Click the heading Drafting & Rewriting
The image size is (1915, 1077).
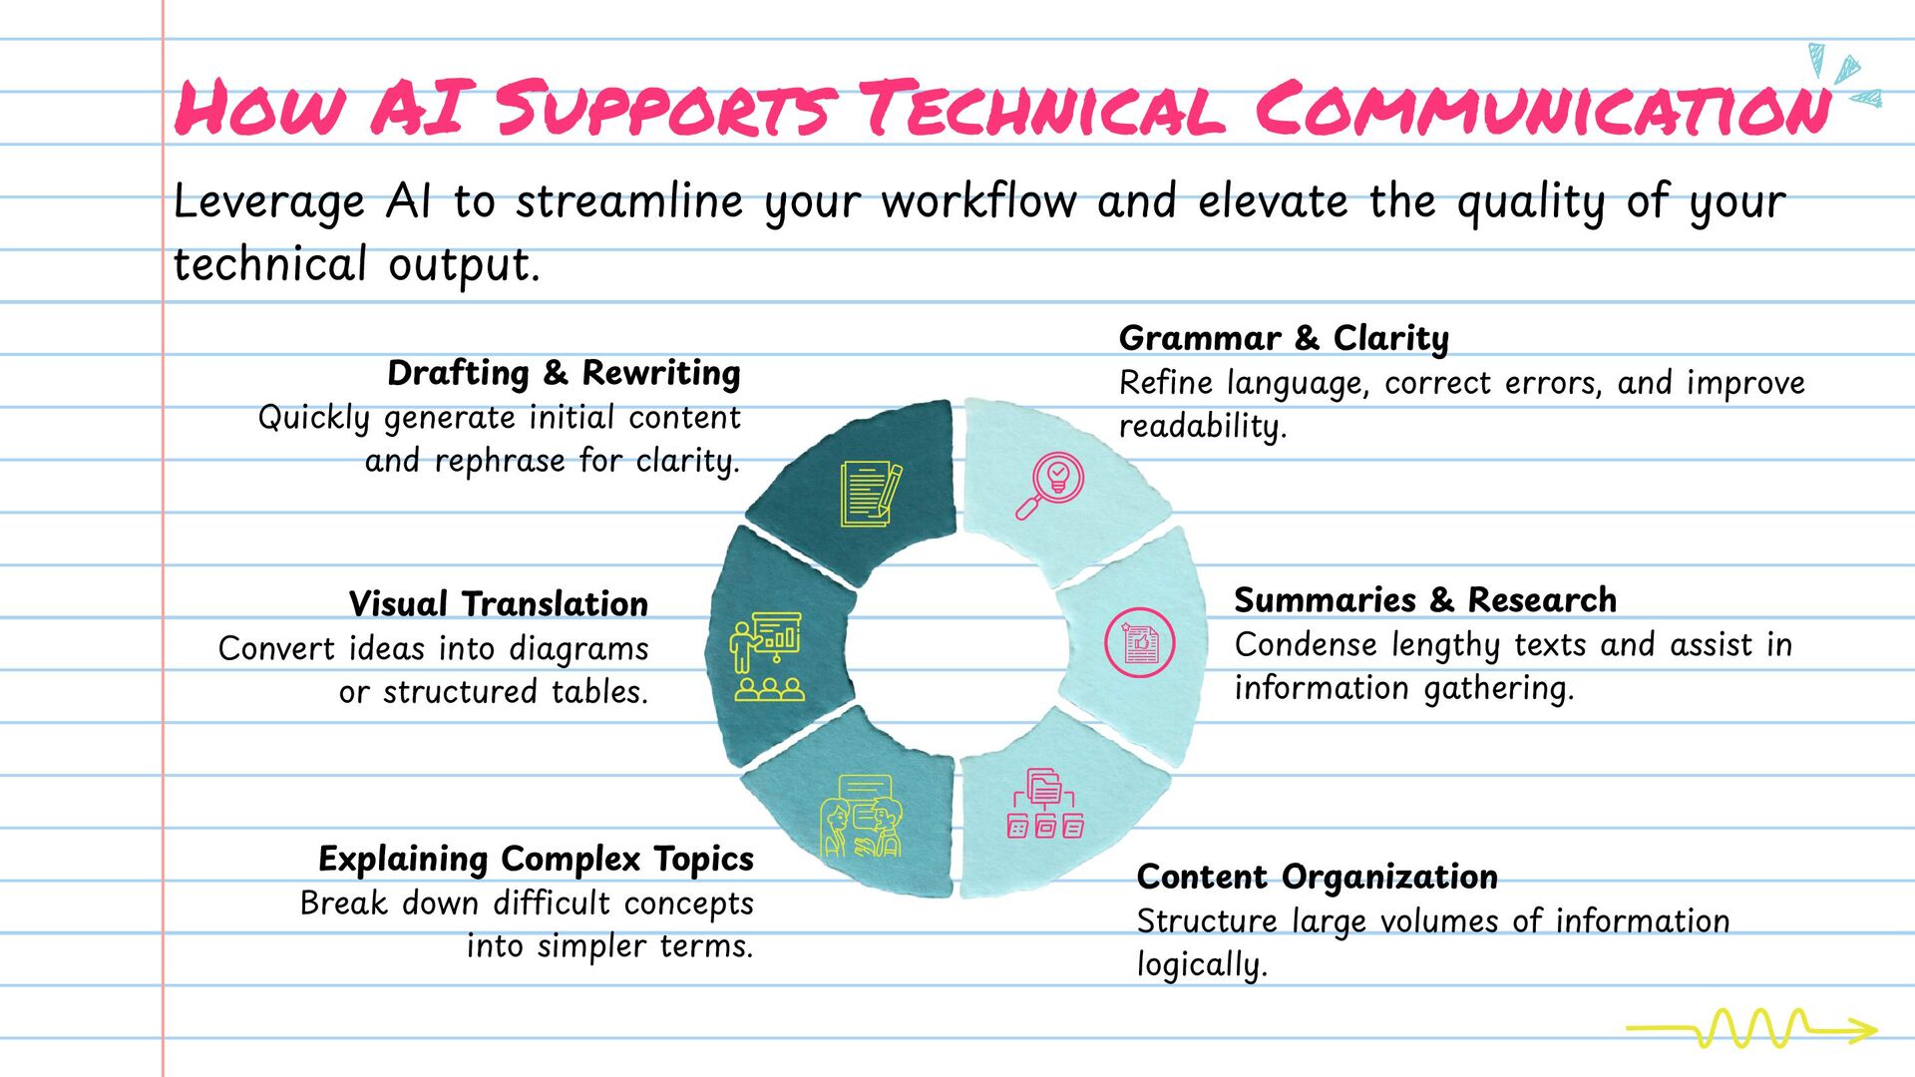coord(564,373)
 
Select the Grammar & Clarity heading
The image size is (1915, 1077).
coord(1284,338)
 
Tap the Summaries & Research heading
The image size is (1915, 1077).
coord(1425,600)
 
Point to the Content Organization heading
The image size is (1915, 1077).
coord(1317,877)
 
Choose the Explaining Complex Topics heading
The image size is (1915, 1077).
coord(536,859)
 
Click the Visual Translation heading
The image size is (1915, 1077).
coord(498,604)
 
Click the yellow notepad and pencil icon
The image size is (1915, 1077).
coord(871,493)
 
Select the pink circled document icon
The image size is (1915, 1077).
coord(1140,643)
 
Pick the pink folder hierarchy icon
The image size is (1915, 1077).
coord(1044,804)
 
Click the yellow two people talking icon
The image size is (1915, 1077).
coord(861,817)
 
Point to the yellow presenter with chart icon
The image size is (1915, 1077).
coord(767,656)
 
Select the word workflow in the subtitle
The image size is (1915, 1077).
coord(978,201)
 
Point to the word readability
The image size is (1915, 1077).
coord(1202,427)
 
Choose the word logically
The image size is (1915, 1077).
coord(1202,965)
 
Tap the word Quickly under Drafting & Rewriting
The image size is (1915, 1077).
coord(313,418)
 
